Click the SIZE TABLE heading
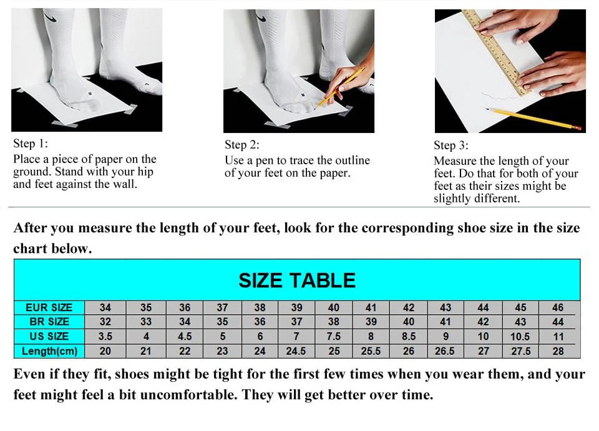click(297, 280)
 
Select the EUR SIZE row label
click(49, 307)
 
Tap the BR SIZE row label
click(49, 322)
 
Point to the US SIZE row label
click(49, 336)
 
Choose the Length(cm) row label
click(49, 351)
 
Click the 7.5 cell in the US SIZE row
click(334, 336)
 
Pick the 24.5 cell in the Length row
click(296, 351)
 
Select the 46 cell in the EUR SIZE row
click(558, 307)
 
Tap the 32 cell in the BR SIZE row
click(105, 322)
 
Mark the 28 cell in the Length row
click(558, 351)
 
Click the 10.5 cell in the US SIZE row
click(520, 336)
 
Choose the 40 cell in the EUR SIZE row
click(334, 307)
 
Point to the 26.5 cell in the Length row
click(445, 351)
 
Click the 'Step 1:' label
click(31, 144)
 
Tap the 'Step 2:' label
click(242, 145)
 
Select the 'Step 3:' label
click(451, 146)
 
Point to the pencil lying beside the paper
click(533, 118)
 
